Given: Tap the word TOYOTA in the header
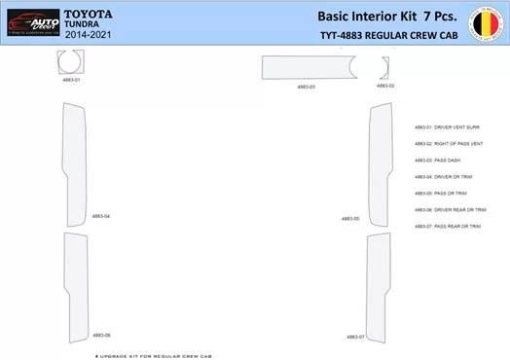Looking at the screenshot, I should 88,13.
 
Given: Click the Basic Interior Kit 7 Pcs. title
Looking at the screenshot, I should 386,16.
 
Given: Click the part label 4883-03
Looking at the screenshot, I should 306,87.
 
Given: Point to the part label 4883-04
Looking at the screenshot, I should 101,216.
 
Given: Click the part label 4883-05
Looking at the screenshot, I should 350,219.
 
